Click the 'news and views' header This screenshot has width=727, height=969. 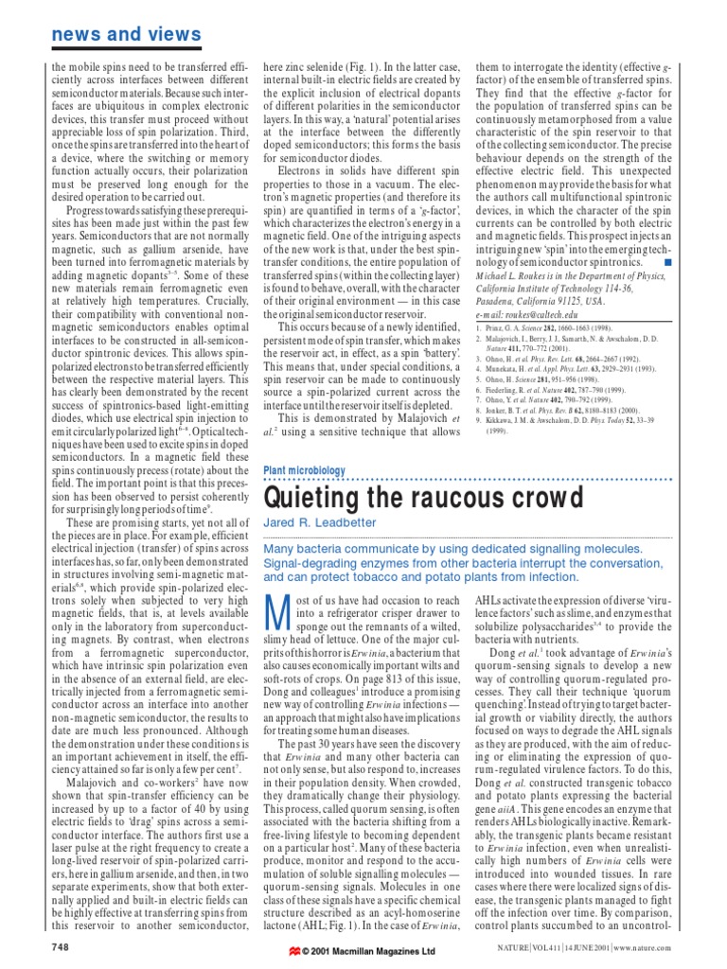[x=126, y=35]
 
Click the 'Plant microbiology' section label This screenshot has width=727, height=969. [x=303, y=470]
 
